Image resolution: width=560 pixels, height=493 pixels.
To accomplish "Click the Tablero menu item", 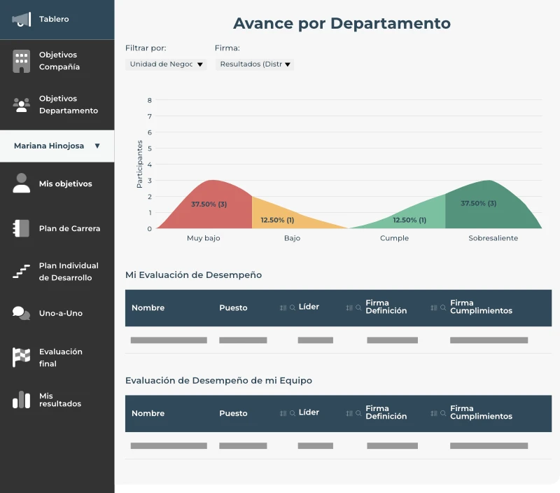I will point(54,20).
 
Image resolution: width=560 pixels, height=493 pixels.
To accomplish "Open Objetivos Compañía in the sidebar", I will point(59,61).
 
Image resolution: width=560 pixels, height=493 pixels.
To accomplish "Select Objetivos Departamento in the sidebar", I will point(68,105).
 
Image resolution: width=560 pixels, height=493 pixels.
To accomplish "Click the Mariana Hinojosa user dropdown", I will point(57,146).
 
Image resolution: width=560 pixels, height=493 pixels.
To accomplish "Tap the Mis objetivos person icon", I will point(22,183).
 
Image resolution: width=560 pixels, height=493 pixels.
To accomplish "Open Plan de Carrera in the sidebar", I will point(69,229).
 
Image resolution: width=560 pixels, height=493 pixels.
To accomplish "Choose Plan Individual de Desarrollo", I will point(68,272).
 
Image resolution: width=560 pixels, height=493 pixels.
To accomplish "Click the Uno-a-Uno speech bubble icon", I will point(21,314).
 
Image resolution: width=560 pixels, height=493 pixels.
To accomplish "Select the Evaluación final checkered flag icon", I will point(21,357).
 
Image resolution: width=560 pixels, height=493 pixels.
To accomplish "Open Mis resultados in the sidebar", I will point(59,400).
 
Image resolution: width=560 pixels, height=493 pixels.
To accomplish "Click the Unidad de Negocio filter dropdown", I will point(166,64).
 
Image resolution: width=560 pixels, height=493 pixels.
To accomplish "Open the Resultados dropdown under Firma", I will point(255,64).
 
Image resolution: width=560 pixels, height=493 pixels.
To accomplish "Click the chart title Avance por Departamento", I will point(342,23).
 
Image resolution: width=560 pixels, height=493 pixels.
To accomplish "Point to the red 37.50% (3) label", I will point(209,204).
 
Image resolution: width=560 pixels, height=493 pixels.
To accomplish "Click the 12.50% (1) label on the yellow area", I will point(277,220).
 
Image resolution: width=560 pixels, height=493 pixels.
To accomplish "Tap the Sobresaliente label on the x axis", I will point(493,238).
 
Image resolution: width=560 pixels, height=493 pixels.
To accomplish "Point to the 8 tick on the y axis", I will point(149,100).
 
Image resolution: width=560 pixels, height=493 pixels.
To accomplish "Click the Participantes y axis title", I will point(139,164).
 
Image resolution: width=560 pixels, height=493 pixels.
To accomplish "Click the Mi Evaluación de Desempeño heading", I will point(193,275).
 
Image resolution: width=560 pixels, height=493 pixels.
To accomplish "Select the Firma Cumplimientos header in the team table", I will point(481,412).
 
